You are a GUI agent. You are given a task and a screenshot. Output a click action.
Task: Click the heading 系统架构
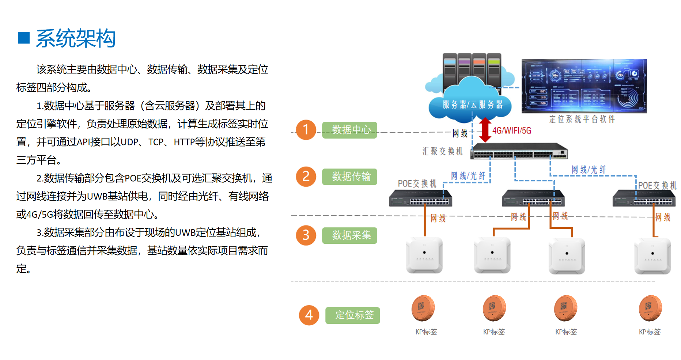(x=76, y=38)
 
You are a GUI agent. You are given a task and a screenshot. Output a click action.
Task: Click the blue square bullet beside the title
(x=24, y=38)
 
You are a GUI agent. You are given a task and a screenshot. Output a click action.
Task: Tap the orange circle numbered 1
(x=306, y=130)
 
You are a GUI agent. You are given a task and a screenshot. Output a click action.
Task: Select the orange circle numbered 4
(x=309, y=315)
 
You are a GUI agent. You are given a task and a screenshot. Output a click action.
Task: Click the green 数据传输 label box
(x=349, y=177)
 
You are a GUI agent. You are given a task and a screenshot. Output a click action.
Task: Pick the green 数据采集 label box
(x=349, y=235)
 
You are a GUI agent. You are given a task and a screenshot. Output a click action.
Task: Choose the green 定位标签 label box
(x=353, y=315)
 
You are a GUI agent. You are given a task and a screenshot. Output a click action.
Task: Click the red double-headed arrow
(x=485, y=130)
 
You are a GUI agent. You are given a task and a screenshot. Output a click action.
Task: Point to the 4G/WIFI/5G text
(x=512, y=130)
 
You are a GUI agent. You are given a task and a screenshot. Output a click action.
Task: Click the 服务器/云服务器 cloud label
(x=472, y=105)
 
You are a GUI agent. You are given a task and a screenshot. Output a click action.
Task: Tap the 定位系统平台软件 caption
(x=582, y=119)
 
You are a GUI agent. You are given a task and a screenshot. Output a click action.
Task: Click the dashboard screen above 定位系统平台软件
(x=584, y=86)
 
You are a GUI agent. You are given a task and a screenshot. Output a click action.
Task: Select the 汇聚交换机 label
(x=442, y=151)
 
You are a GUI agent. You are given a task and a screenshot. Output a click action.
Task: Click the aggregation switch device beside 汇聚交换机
(x=519, y=151)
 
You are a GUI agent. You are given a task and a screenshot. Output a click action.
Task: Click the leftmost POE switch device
(x=420, y=198)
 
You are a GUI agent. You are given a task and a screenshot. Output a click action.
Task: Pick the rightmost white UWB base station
(x=652, y=256)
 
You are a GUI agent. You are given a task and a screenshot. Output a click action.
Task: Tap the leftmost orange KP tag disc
(x=423, y=308)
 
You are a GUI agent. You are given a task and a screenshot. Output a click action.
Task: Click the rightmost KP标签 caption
(x=650, y=332)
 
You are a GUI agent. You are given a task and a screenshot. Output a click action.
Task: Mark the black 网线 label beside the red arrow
(x=460, y=133)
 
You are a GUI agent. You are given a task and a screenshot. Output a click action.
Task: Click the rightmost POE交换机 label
(x=657, y=185)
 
